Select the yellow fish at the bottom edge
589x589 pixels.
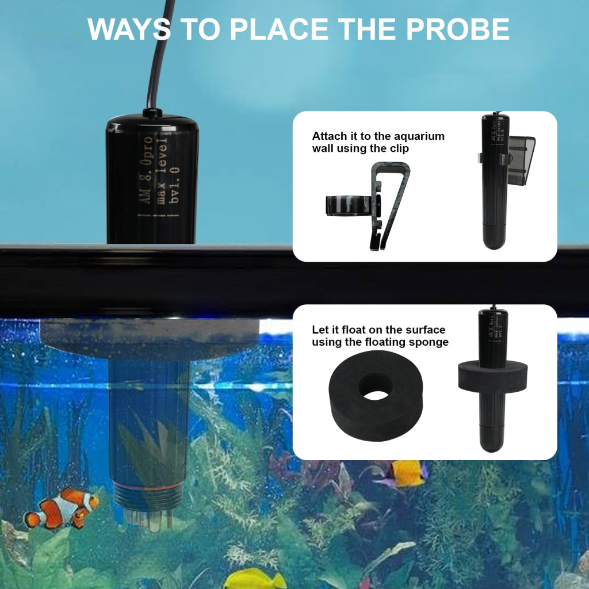coord(254,579)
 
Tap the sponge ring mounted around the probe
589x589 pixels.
coord(492,374)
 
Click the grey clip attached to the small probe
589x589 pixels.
coord(521,160)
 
